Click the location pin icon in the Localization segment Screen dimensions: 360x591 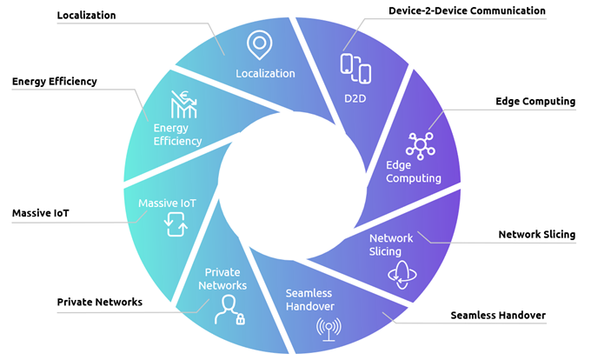pyautogui.click(x=257, y=43)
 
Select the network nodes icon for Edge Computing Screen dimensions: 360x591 pyautogui.click(x=421, y=143)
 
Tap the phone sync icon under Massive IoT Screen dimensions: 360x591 pyautogui.click(x=176, y=224)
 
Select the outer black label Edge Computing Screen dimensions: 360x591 pyautogui.click(x=535, y=102)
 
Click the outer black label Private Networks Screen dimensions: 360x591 pyautogui.click(x=100, y=303)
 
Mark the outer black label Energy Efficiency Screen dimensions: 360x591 pyautogui.click(x=55, y=82)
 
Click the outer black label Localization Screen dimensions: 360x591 pyautogui.click(x=86, y=16)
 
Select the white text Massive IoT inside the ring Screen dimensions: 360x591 pyautogui.click(x=168, y=203)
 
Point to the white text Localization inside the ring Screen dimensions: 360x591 pyautogui.click(x=265, y=74)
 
